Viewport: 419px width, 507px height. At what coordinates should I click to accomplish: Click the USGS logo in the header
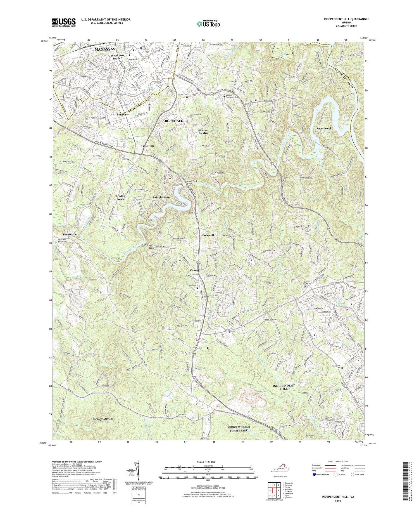tap(63, 22)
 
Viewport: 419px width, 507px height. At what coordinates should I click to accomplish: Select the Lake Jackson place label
tap(161, 197)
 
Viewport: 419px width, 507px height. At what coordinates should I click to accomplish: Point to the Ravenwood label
tap(324, 128)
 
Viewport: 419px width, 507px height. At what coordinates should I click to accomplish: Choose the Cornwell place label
tap(208, 235)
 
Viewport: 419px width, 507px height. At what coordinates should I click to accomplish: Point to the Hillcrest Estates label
tap(203, 132)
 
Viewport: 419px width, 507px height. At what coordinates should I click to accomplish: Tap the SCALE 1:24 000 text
tap(208, 461)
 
